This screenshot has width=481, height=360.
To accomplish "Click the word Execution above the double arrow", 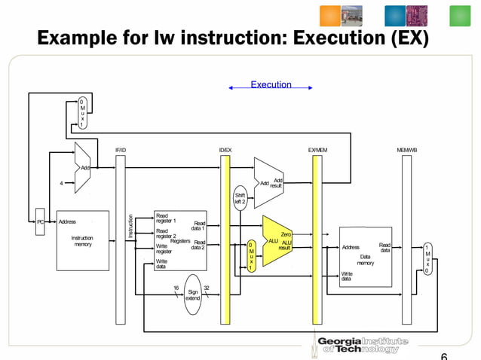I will [271, 85].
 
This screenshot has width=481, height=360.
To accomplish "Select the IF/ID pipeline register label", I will [121, 151].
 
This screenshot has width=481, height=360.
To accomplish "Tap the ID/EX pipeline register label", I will [225, 151].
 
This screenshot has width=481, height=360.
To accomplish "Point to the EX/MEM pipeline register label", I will [317, 151].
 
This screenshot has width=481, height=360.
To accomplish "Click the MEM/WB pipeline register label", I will [406, 151].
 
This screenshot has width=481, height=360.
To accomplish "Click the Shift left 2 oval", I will [240, 198].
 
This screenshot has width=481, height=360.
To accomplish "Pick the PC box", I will [41, 222].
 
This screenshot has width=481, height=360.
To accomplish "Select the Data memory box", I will [366, 256].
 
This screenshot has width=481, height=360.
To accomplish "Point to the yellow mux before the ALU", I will [251, 255].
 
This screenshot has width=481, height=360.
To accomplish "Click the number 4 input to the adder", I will [61, 182].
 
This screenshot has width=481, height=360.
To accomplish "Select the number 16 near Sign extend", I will [176, 288].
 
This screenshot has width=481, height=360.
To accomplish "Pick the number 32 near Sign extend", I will [207, 288].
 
